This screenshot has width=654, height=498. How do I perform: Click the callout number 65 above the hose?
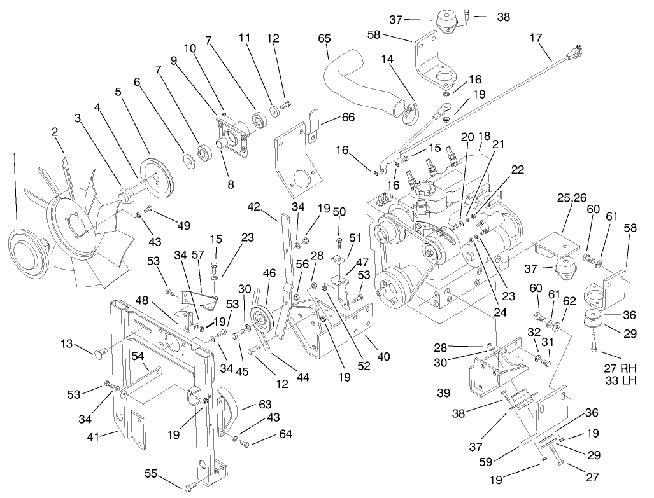[325, 39]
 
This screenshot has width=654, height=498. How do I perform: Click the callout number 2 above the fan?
[55, 132]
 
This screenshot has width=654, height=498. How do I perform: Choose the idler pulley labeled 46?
[260, 318]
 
